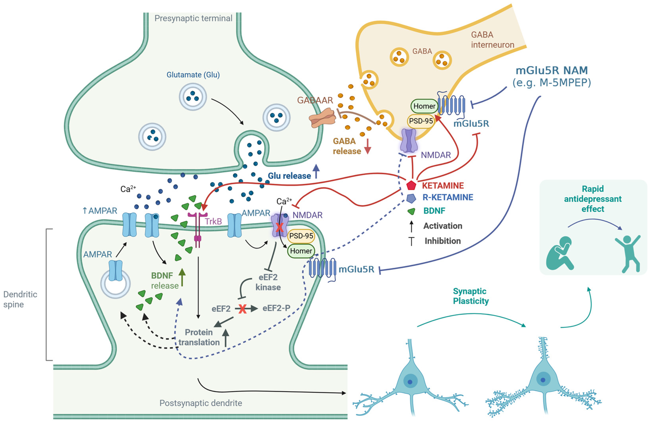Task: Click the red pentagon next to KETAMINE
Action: pyautogui.click(x=411, y=185)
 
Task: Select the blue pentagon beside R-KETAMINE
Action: pyautogui.click(x=411, y=198)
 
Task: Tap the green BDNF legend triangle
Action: pyautogui.click(x=411, y=211)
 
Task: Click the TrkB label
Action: pyautogui.click(x=213, y=221)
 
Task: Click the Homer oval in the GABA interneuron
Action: pyautogui.click(x=424, y=106)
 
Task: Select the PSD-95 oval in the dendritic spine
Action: pyautogui.click(x=301, y=236)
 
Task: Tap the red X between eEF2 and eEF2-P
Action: pyautogui.click(x=242, y=309)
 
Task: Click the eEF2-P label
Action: pyautogui.click(x=276, y=308)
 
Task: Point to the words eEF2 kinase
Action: pyautogui.click(x=268, y=282)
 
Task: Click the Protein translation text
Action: pyautogui.click(x=199, y=337)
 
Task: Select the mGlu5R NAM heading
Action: pyautogui.click(x=551, y=70)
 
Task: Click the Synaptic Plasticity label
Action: pyautogui.click(x=471, y=296)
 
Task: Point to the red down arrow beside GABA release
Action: pyautogui.click(x=368, y=146)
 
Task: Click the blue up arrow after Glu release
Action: pyautogui.click(x=316, y=171)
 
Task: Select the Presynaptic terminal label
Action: pyautogui.click(x=193, y=18)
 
